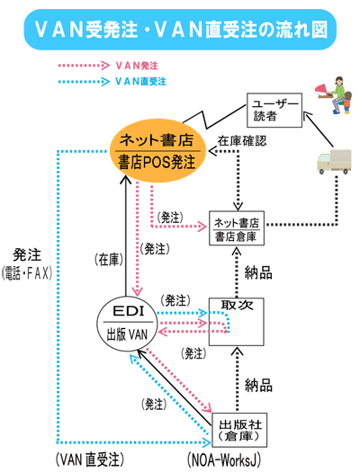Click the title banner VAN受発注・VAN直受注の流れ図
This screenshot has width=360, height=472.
click(x=180, y=30)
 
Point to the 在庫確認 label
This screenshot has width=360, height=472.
click(x=242, y=140)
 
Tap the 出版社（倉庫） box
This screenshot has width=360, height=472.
click(x=241, y=431)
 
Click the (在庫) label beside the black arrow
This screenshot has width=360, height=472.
click(x=107, y=258)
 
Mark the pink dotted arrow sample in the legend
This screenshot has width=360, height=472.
click(x=81, y=66)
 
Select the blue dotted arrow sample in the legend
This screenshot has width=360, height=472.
click(x=81, y=81)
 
